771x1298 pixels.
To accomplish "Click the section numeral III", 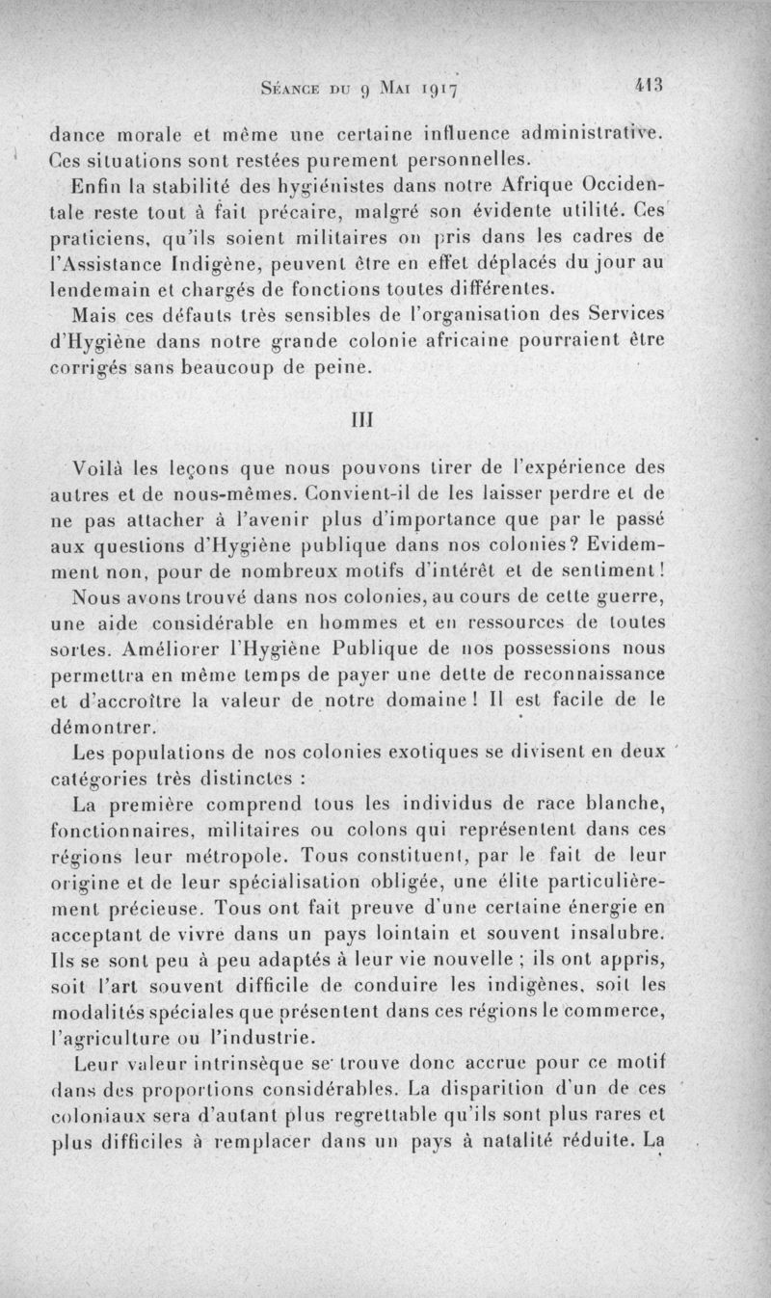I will tap(363, 421).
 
